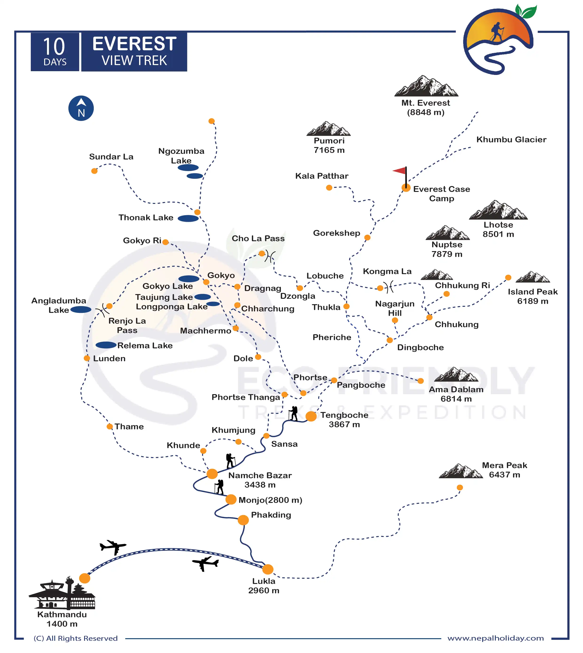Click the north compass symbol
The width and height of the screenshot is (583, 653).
point(81,108)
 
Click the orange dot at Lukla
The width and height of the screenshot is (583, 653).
point(268,569)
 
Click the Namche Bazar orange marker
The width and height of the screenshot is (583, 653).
point(212,474)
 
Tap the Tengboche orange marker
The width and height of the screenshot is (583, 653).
point(311,416)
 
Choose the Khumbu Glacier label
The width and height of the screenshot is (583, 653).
point(511,139)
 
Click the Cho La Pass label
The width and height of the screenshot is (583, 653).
point(258,238)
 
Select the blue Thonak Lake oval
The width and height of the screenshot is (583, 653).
point(188,218)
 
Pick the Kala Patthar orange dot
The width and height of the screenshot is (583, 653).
point(329,188)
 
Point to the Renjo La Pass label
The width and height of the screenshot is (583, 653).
point(127,325)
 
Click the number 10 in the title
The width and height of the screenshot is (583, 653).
point(54,47)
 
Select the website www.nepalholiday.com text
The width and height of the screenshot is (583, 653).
point(496,638)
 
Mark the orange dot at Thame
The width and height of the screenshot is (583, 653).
point(110,426)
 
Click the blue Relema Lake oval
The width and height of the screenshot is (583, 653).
point(106,345)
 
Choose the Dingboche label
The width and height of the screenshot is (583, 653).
point(420,347)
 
